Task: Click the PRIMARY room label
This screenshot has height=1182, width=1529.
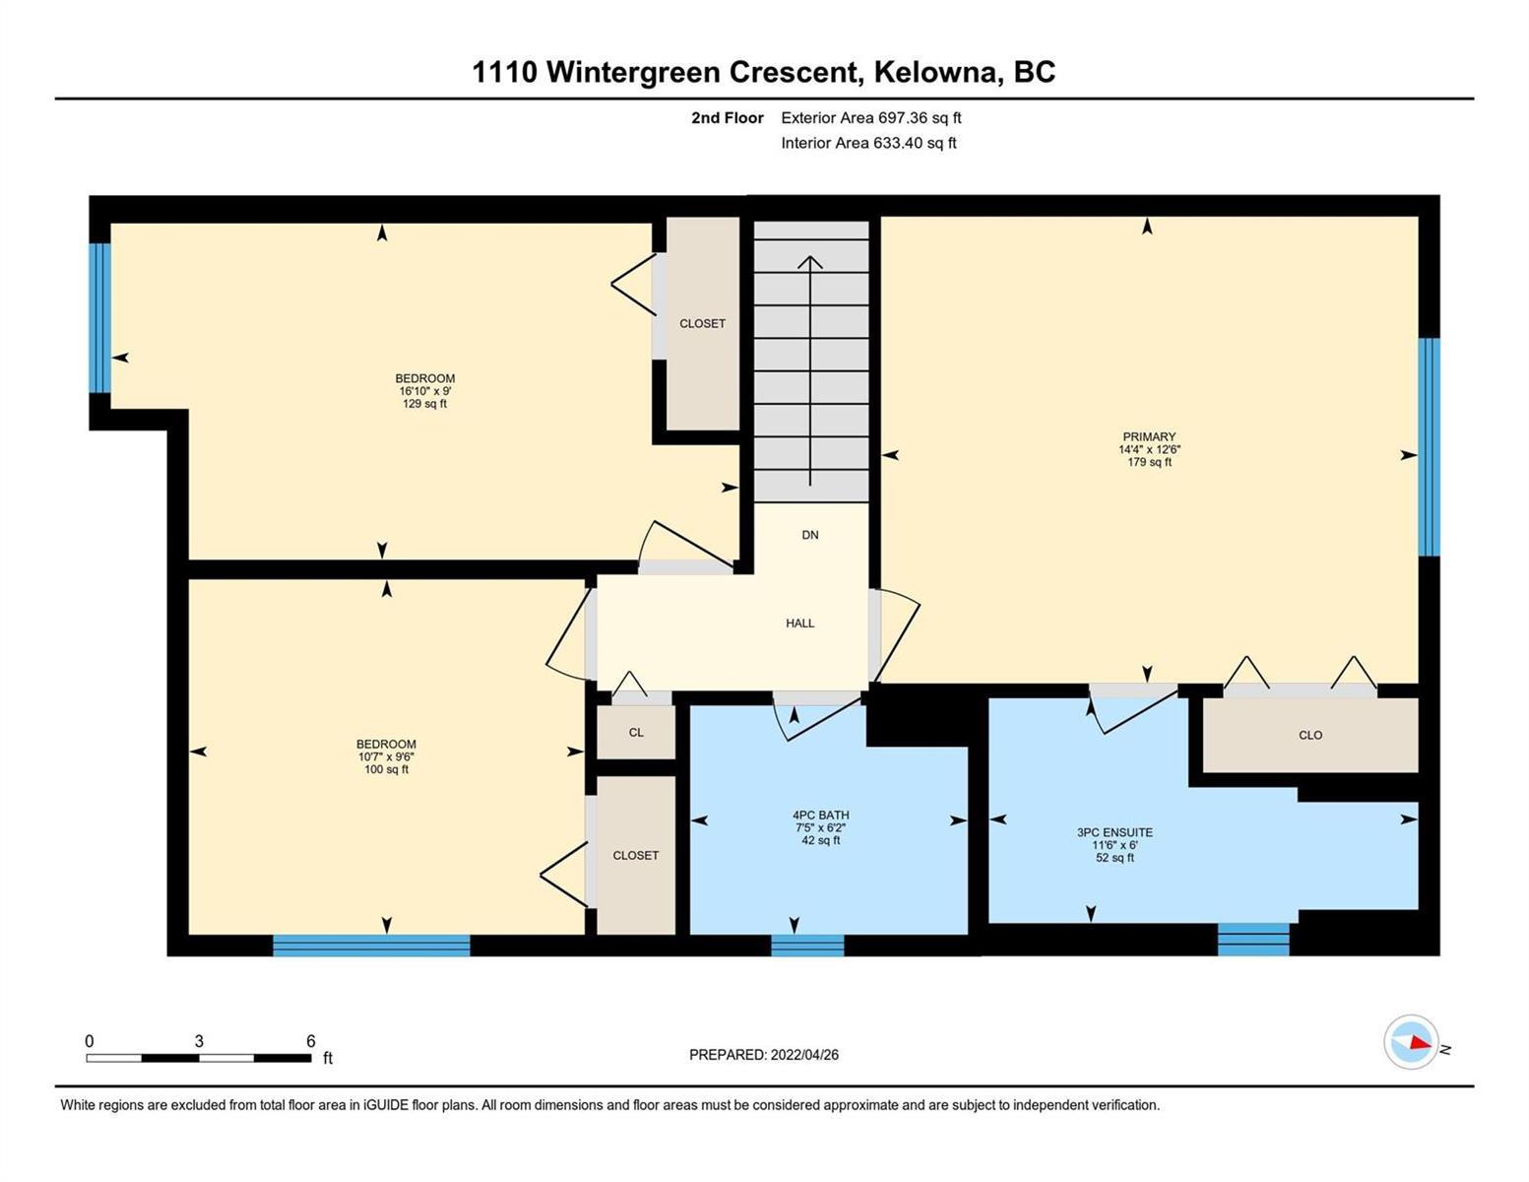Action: (x=1149, y=436)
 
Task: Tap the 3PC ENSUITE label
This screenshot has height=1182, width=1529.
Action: (x=1115, y=832)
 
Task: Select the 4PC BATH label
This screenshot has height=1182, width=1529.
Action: (x=820, y=815)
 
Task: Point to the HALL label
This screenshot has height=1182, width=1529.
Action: (x=800, y=624)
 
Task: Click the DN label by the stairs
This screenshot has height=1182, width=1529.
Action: (x=810, y=535)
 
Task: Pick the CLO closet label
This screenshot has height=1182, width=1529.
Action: (x=1310, y=735)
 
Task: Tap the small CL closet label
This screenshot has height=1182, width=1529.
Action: (x=636, y=732)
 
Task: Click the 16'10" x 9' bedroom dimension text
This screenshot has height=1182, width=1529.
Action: (x=424, y=391)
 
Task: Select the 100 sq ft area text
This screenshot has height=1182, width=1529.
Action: (x=386, y=769)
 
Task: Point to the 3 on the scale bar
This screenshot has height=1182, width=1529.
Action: (x=199, y=1041)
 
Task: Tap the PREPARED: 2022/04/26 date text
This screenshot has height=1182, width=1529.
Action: (x=763, y=1055)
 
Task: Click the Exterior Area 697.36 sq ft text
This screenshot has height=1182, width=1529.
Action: (x=871, y=117)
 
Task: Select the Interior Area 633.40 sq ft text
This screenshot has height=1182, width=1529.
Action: (x=869, y=143)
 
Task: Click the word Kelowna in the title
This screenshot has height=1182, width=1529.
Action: (x=939, y=73)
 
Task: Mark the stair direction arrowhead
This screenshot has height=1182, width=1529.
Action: (x=810, y=262)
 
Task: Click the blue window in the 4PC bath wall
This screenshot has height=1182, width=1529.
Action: (x=807, y=945)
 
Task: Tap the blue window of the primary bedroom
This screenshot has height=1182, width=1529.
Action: (x=1429, y=447)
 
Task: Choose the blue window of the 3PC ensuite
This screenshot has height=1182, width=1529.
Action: (x=1253, y=939)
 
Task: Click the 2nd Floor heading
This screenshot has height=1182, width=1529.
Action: (x=727, y=117)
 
